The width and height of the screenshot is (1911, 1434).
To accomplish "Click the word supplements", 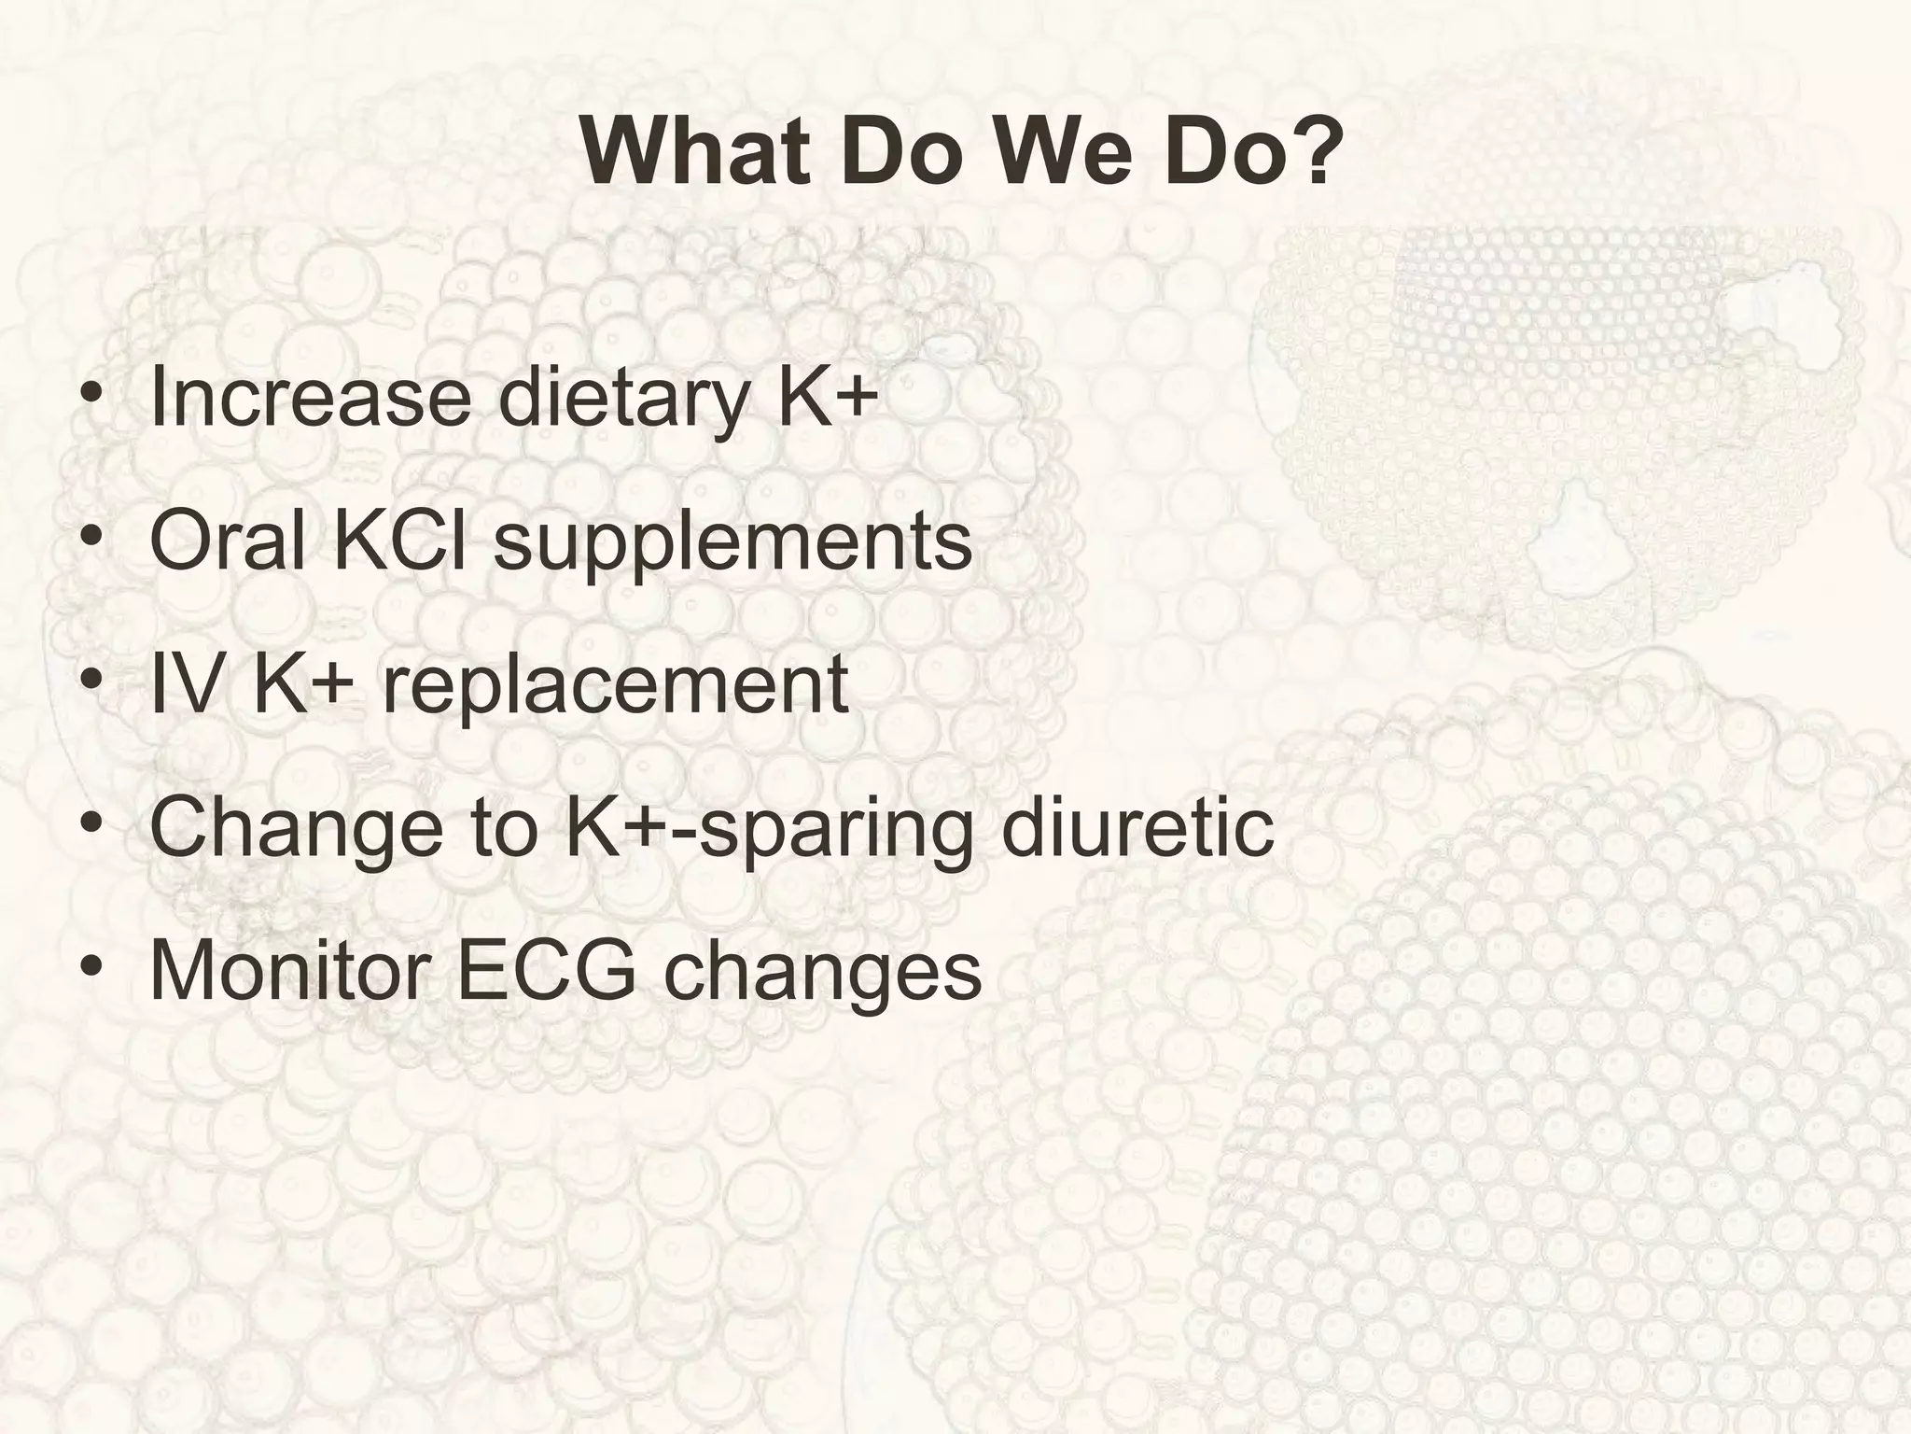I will (x=732, y=545).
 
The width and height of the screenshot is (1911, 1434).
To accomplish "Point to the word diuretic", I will (x=1137, y=826).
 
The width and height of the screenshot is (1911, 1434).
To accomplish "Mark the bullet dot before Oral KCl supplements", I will (x=91, y=539).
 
